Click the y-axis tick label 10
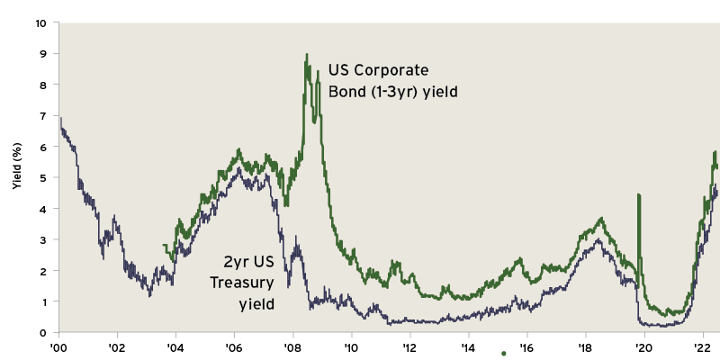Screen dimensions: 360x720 [40, 22]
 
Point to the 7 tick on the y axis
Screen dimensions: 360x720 [43, 116]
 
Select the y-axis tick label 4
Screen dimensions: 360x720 [43, 209]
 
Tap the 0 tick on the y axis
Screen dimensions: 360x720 [43, 333]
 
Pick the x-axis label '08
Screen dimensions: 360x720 [292, 347]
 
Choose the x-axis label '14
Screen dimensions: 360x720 [467, 347]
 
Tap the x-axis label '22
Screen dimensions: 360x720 [702, 347]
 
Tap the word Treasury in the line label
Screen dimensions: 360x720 [241, 283]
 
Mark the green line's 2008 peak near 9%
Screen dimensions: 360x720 [307, 55]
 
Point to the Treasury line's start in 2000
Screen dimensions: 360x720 [60, 118]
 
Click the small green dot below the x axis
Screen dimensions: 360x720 [503, 354]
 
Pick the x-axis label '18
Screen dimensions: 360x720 [585, 347]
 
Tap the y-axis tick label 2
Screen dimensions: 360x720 [43, 271]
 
